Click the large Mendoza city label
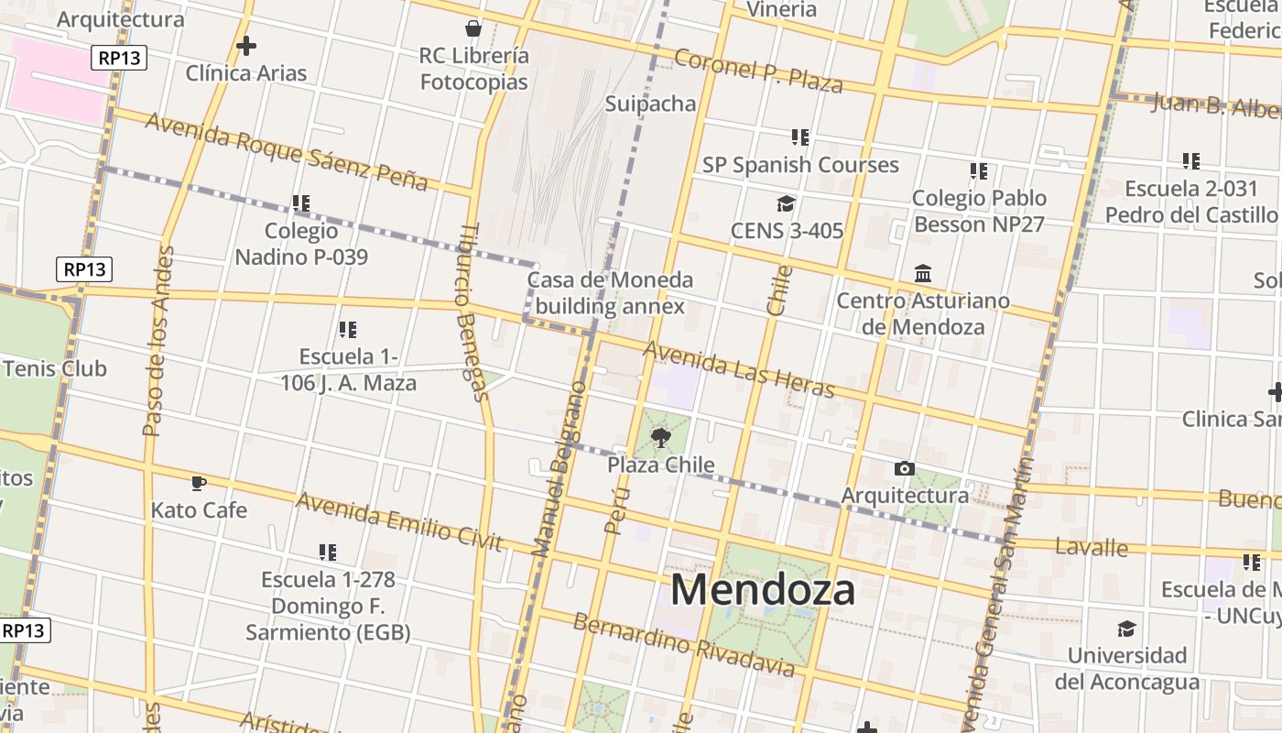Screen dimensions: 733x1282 [763, 589]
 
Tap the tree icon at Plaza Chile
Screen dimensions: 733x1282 [660, 438]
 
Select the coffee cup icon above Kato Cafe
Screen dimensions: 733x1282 [198, 483]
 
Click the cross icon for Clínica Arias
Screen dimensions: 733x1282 [245, 45]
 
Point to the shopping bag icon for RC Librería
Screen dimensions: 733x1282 [473, 28]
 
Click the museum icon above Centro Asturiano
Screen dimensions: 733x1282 [922, 274]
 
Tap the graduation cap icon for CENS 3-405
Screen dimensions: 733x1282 [786, 203]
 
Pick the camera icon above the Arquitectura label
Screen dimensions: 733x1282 [904, 469]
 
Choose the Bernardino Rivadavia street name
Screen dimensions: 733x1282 [683, 644]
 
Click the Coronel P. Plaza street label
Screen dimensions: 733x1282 [757, 71]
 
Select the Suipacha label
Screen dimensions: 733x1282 [650, 104]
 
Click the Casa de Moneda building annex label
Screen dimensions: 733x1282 [610, 292]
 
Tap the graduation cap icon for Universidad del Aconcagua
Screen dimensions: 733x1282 [1126, 629]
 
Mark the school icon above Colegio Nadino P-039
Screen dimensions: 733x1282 [301, 203]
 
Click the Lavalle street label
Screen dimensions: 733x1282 [1091, 548]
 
